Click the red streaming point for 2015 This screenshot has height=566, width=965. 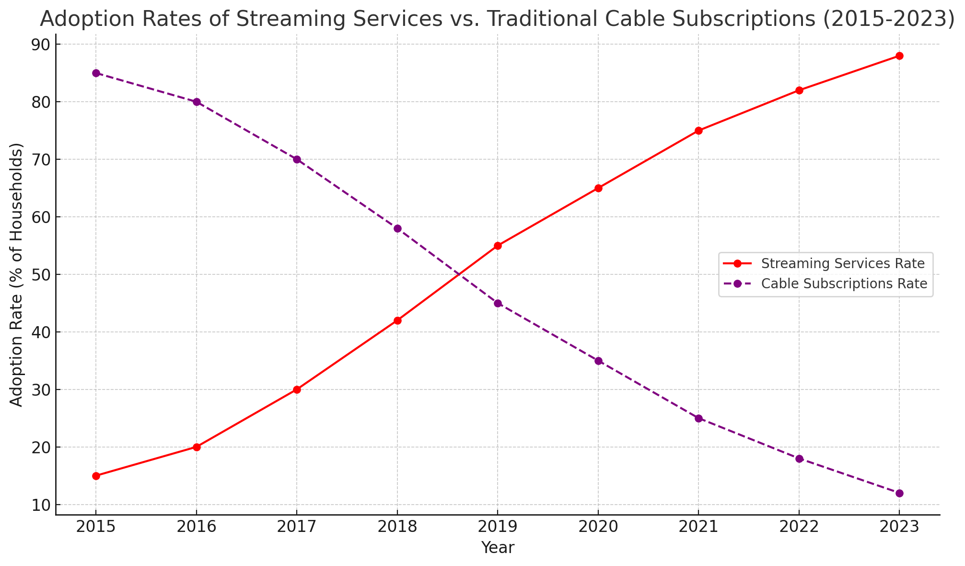pyautogui.click(x=96, y=476)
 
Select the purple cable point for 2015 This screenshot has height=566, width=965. pyautogui.click(x=96, y=73)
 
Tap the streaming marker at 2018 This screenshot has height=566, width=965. pyautogui.click(x=397, y=320)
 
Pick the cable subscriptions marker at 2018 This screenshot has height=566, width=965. pyautogui.click(x=397, y=228)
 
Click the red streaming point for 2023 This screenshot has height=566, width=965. pyautogui.click(x=899, y=56)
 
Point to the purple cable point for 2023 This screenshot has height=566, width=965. pyautogui.click(x=899, y=493)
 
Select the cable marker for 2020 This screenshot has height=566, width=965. pyautogui.click(x=598, y=361)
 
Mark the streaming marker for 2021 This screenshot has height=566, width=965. pyautogui.click(x=698, y=130)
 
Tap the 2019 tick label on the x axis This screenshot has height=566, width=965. pyautogui.click(x=498, y=527)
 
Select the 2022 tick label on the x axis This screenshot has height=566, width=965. pyautogui.click(x=799, y=527)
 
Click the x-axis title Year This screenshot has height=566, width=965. pyautogui.click(x=498, y=548)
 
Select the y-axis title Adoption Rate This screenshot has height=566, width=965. pyautogui.click(x=17, y=274)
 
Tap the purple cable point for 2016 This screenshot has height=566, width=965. pyautogui.click(x=197, y=102)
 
